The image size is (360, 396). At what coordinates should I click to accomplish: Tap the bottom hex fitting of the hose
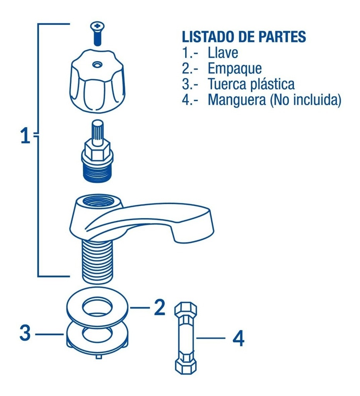pos(186,365)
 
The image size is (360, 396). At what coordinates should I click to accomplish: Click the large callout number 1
pos(25,137)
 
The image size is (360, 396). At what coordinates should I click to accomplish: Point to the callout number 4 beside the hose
pos(238,339)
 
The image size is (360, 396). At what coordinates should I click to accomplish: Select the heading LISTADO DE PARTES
pos(244,37)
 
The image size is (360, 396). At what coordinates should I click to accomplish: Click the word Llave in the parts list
pos(223,53)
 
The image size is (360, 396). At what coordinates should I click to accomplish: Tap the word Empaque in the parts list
pos(235,68)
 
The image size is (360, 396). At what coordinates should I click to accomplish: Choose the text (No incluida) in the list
pos(306,100)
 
